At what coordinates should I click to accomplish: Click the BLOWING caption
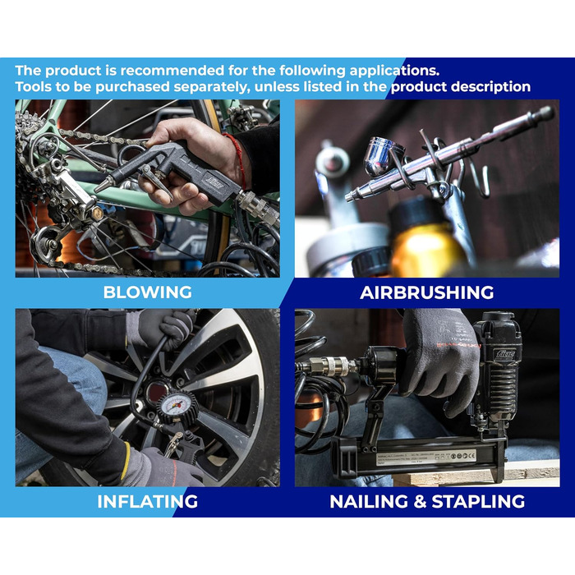[147, 292]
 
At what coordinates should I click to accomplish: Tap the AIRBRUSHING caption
[427, 292]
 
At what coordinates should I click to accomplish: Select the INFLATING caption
[147, 501]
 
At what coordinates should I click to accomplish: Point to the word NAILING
[369, 501]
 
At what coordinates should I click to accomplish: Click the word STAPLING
[478, 501]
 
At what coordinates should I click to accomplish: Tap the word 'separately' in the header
[212, 87]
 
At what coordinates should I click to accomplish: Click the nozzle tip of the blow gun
[100, 187]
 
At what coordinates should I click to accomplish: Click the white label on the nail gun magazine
[426, 458]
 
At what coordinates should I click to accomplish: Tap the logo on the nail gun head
[506, 355]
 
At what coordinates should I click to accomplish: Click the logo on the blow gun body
[215, 183]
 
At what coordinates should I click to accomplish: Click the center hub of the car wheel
[157, 392]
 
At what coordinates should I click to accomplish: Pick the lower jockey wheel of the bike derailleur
[47, 243]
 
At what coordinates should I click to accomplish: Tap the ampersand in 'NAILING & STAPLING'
[420, 502]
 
